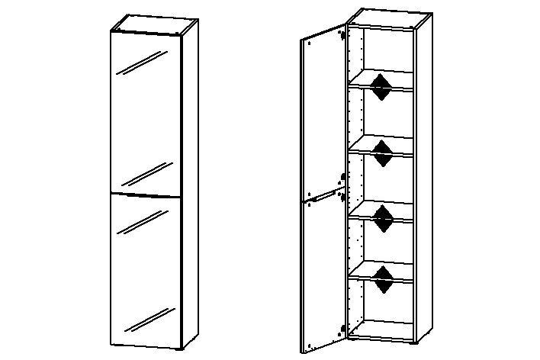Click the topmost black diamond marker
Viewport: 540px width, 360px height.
point(382,85)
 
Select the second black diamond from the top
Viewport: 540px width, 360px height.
point(382,151)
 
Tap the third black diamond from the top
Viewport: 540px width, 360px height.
point(382,216)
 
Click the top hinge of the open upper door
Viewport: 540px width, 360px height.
point(343,34)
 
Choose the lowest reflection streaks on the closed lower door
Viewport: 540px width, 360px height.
point(145,320)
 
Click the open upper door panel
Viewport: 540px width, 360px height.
point(322,114)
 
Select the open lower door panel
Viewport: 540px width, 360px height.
point(322,275)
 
